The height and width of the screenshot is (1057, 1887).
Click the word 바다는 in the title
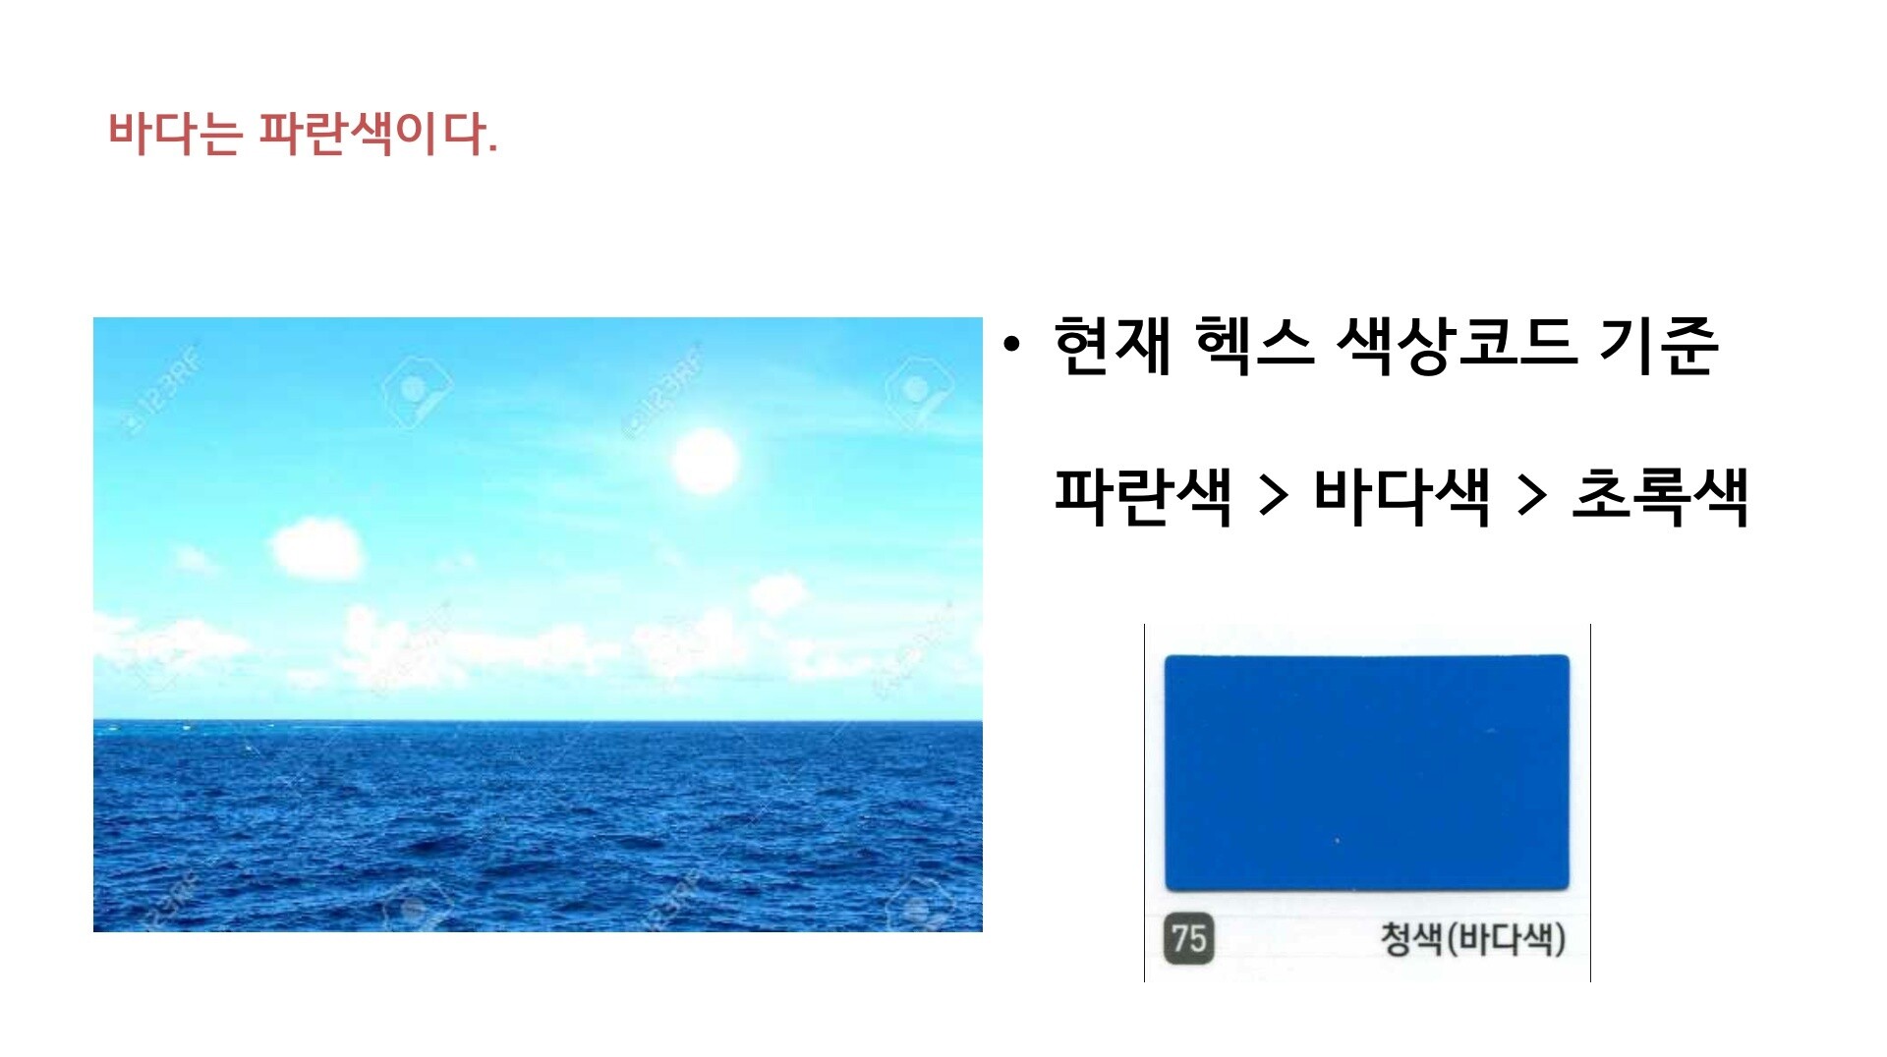click(175, 133)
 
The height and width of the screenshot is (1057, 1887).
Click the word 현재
click(1113, 345)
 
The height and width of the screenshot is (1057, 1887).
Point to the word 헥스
click(1254, 345)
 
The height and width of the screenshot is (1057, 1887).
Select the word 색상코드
click(1457, 345)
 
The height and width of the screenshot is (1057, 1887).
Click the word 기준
click(1659, 345)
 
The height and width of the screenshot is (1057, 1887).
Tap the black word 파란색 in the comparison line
click(1143, 496)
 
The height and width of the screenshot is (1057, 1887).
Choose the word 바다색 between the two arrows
click(1402, 496)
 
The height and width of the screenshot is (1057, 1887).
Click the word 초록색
click(1661, 496)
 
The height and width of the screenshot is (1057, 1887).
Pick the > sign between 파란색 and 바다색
click(1274, 497)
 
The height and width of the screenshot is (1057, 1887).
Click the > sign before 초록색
click(1532, 497)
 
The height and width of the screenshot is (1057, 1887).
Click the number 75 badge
click(1189, 939)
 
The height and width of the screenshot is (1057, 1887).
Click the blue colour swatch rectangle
click(1367, 773)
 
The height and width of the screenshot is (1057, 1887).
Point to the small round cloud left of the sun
click(316, 548)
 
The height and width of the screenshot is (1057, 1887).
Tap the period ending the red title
click(492, 150)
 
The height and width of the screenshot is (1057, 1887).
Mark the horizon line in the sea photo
click(538, 722)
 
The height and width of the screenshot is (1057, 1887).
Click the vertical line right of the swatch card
click(1590, 803)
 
